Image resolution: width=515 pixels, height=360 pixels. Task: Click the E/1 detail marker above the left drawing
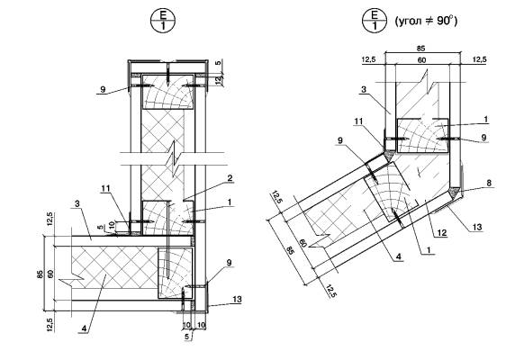(x=163, y=21)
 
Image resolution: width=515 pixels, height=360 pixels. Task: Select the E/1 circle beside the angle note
(x=375, y=21)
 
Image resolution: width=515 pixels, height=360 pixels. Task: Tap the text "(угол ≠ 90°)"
(x=426, y=22)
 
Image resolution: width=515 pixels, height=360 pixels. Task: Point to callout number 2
(x=230, y=178)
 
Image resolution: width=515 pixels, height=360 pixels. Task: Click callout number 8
(x=489, y=183)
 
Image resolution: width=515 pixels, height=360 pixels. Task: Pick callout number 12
(x=442, y=233)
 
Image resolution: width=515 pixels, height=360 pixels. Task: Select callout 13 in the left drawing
(x=237, y=300)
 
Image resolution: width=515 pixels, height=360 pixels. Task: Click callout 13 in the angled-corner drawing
(x=477, y=227)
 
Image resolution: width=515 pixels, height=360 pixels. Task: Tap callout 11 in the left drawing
(x=105, y=189)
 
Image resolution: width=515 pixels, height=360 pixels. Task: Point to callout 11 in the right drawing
(x=358, y=121)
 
